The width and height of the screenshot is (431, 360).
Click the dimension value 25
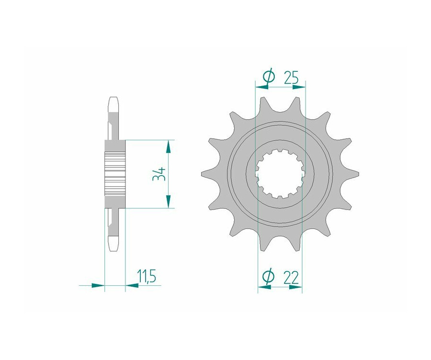coord(291,78)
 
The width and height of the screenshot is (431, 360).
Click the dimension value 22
coord(291,278)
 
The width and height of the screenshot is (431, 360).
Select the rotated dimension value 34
coord(159,174)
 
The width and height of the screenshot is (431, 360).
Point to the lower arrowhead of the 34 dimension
coord(168,202)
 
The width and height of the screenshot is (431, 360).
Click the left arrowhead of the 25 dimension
coord(262,87)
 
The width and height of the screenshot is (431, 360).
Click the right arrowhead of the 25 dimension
coord(299,87)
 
